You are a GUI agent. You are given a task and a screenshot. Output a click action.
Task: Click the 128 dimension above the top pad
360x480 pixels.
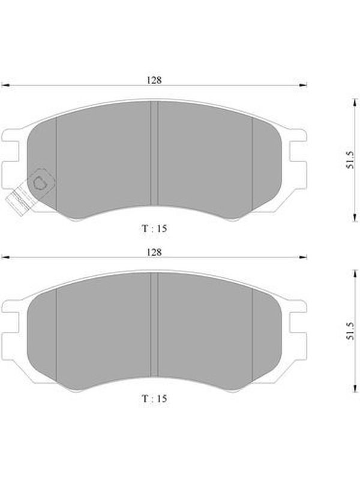click(154, 80)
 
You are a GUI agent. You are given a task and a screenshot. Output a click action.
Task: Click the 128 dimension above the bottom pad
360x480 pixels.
click(154, 252)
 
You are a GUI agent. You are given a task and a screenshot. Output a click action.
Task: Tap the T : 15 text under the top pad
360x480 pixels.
click(155, 229)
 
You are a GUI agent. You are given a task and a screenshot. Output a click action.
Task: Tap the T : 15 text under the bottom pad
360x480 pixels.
click(155, 398)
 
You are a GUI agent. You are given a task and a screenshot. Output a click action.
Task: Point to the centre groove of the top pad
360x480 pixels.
click(154, 153)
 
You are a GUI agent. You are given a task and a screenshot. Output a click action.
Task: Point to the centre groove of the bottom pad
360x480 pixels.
click(154, 325)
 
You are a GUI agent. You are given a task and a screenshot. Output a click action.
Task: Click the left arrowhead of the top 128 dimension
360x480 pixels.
click(5, 85)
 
